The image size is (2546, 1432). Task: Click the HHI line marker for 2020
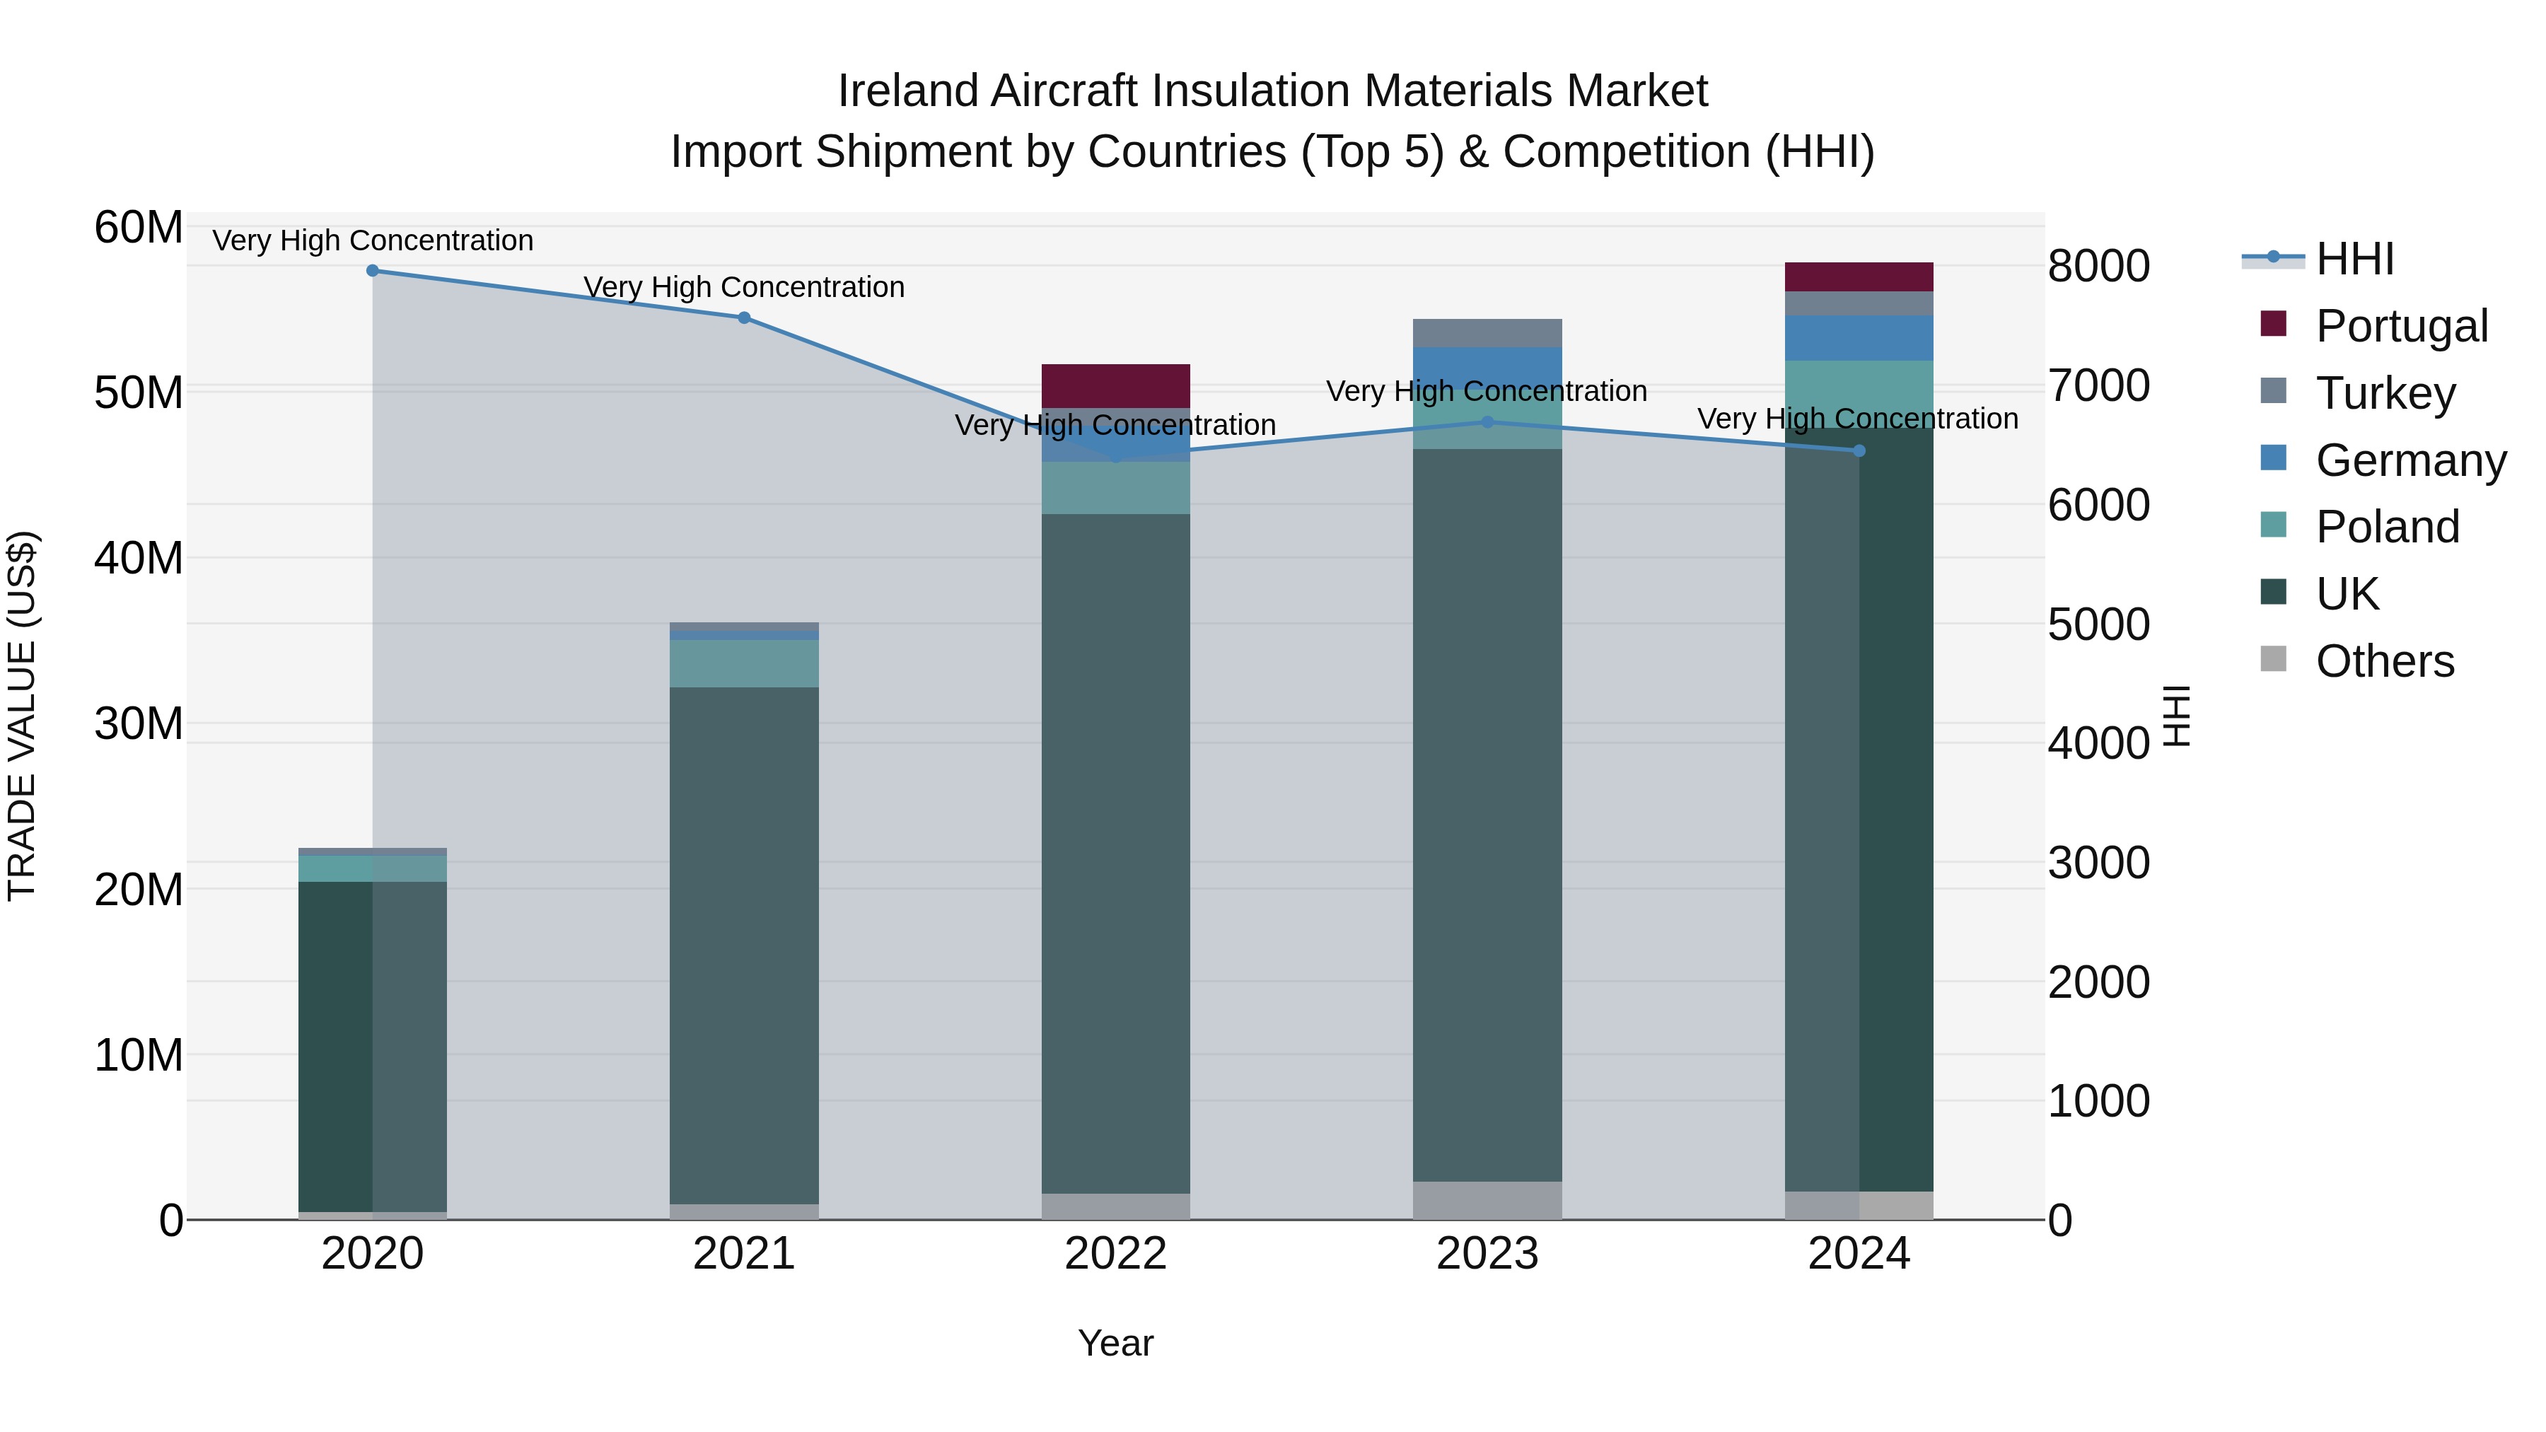point(373,271)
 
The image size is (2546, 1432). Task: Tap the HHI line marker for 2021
point(744,318)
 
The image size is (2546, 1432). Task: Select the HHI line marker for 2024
point(1859,450)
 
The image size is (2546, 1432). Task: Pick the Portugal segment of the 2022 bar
point(1116,385)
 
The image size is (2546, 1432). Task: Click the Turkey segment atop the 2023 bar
point(1487,333)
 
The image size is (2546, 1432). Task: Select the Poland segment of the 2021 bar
point(744,663)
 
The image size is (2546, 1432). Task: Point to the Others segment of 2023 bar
point(1487,1201)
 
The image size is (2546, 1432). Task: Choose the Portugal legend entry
point(2401,326)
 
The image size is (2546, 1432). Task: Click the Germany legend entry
point(2410,460)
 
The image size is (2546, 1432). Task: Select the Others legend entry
point(2384,661)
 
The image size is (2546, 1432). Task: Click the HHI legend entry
point(2354,259)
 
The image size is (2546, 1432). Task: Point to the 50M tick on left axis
point(139,392)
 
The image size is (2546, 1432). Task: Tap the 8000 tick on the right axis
point(2098,266)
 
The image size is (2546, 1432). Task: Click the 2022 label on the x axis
point(1116,1254)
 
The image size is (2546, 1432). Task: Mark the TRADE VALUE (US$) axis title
point(22,716)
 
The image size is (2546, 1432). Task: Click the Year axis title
point(1116,1343)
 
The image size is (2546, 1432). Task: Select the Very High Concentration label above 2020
point(373,240)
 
